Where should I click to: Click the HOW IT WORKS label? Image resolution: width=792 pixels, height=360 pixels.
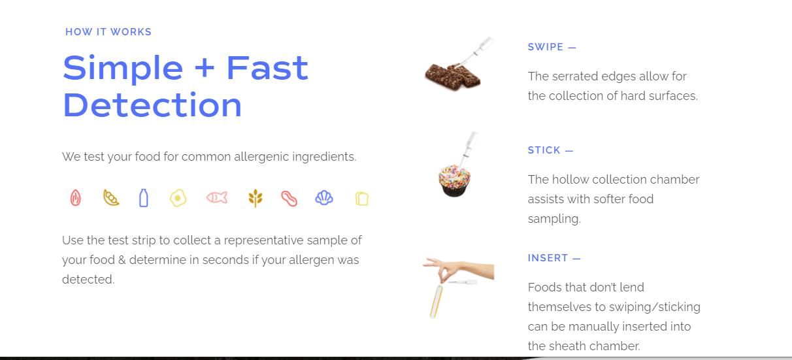[x=108, y=32]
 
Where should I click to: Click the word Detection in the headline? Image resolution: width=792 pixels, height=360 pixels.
[x=152, y=105]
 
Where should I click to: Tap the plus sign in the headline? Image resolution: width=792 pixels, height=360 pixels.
[x=205, y=67]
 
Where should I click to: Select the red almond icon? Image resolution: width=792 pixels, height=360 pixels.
[x=75, y=198]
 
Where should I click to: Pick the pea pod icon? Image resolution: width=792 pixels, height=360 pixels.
[x=111, y=197]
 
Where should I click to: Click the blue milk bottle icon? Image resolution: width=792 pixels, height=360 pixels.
[x=144, y=198]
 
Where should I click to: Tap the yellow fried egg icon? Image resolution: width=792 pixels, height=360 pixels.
[x=178, y=198]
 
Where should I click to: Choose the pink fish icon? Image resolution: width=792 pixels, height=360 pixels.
[x=217, y=197]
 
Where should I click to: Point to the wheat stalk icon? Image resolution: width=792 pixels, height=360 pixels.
[x=256, y=198]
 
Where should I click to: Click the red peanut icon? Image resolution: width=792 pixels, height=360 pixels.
[x=289, y=198]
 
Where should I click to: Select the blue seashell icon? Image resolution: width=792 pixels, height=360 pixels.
[x=324, y=198]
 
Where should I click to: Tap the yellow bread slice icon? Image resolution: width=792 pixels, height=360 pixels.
[x=362, y=199]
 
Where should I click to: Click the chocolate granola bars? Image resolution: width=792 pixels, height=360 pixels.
[x=453, y=76]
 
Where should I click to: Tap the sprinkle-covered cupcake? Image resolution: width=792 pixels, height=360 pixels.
[x=454, y=180]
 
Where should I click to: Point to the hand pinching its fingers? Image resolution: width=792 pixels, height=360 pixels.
[x=459, y=270]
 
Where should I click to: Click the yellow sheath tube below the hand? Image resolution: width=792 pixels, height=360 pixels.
[x=437, y=301]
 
